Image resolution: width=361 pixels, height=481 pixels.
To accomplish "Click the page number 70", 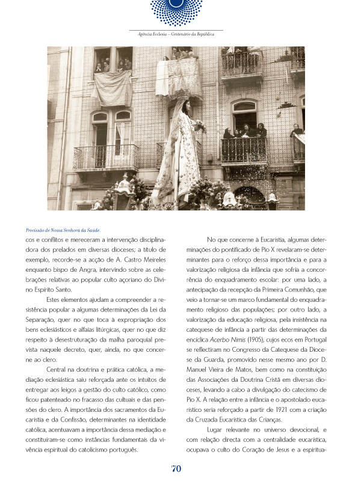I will pyautogui.click(x=176, y=468).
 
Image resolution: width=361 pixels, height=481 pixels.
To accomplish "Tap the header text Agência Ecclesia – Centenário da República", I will pyautogui.click(x=176, y=34).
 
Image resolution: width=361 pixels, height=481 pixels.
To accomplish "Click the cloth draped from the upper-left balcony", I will pyautogui.click(x=113, y=87).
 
